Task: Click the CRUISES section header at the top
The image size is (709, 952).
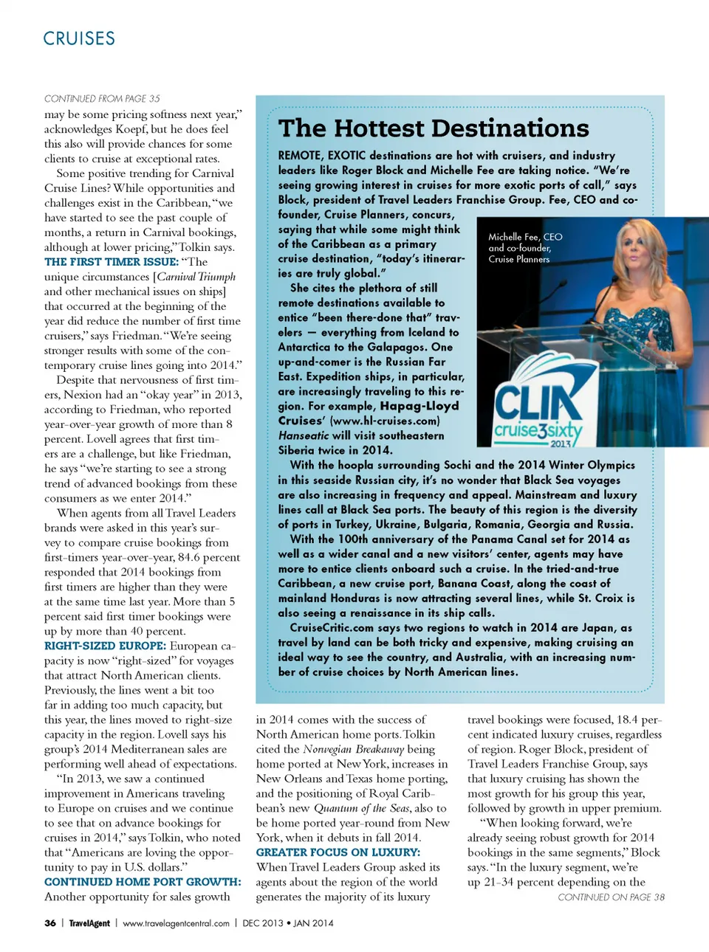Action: point(79,38)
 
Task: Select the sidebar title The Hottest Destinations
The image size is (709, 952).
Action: point(434,128)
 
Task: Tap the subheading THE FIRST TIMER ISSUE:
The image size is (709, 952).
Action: point(111,262)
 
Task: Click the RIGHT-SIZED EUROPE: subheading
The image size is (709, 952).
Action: point(105,646)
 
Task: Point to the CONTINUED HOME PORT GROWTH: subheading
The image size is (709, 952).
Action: point(143,882)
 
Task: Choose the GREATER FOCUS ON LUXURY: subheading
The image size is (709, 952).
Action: point(338,852)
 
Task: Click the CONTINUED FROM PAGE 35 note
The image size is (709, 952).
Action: point(102,98)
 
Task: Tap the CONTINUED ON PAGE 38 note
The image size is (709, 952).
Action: point(611,897)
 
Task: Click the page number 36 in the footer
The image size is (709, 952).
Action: point(50,923)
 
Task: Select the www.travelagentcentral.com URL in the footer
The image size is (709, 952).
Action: point(176,923)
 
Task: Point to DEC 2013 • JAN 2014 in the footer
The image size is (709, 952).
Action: point(288,923)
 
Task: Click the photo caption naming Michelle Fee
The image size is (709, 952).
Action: point(524,248)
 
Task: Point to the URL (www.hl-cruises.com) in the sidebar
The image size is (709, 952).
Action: point(385,421)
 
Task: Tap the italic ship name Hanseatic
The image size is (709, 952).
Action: point(304,435)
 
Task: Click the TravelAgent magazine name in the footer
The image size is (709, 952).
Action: point(89,923)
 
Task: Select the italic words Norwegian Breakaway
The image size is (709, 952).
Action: point(354,749)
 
